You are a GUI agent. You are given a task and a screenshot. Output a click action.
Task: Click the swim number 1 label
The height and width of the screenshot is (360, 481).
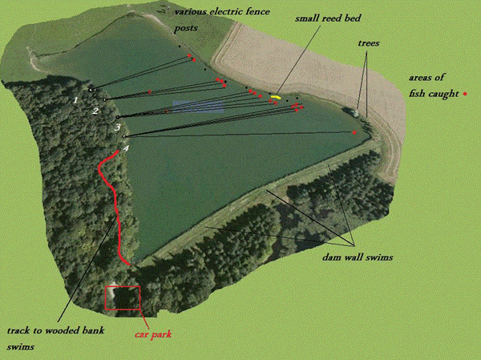tap(75, 99)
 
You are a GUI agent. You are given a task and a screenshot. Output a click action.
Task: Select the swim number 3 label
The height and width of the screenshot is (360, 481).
tap(117, 127)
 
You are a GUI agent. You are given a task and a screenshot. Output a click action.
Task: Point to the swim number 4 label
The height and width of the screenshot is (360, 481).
tap(126, 148)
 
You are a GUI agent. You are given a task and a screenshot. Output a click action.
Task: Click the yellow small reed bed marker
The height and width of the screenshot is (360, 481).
tap(276, 97)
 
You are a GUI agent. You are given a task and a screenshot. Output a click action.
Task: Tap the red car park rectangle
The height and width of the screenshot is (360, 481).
tap(122, 298)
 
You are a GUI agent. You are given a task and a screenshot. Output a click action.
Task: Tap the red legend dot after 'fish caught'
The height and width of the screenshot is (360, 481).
tap(465, 94)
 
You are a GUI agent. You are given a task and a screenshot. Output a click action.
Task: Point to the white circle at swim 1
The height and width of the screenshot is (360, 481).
tap(91, 89)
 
